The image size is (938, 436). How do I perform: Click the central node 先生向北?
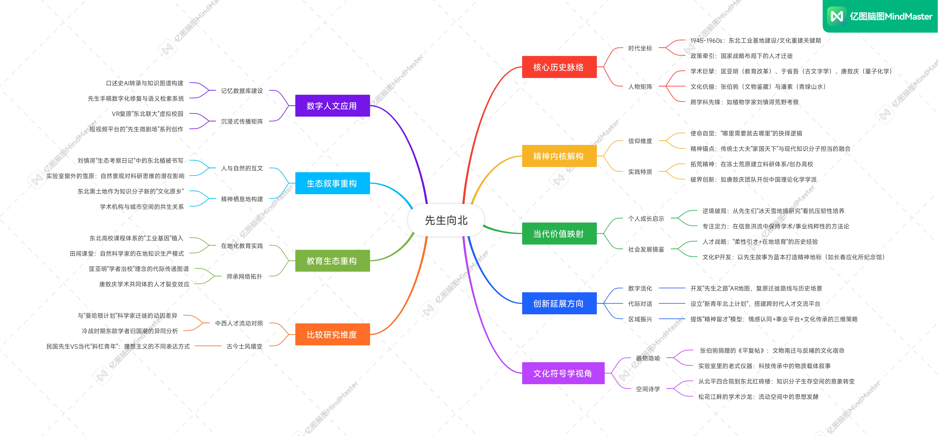(x=446, y=220)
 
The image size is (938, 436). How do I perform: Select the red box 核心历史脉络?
(x=559, y=67)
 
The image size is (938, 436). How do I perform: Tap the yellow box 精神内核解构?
(x=559, y=156)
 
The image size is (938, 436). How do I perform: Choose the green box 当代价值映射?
(x=559, y=234)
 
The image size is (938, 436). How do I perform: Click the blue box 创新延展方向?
(x=559, y=303)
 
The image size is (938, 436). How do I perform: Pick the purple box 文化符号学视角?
(x=563, y=373)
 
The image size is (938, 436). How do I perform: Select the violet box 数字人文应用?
(x=332, y=106)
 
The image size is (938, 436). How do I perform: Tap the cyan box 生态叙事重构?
(x=332, y=183)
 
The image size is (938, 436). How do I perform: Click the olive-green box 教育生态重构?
(x=332, y=261)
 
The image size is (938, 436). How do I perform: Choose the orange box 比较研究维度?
(x=332, y=334)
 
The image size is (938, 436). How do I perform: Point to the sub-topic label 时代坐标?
(x=640, y=48)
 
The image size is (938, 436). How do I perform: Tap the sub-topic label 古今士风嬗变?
(x=244, y=346)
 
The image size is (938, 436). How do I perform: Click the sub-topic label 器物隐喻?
(x=648, y=358)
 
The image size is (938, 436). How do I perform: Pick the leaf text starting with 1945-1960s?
(x=756, y=40)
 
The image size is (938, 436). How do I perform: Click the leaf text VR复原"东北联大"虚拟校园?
(x=147, y=114)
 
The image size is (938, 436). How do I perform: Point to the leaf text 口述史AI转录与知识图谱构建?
(x=145, y=83)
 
